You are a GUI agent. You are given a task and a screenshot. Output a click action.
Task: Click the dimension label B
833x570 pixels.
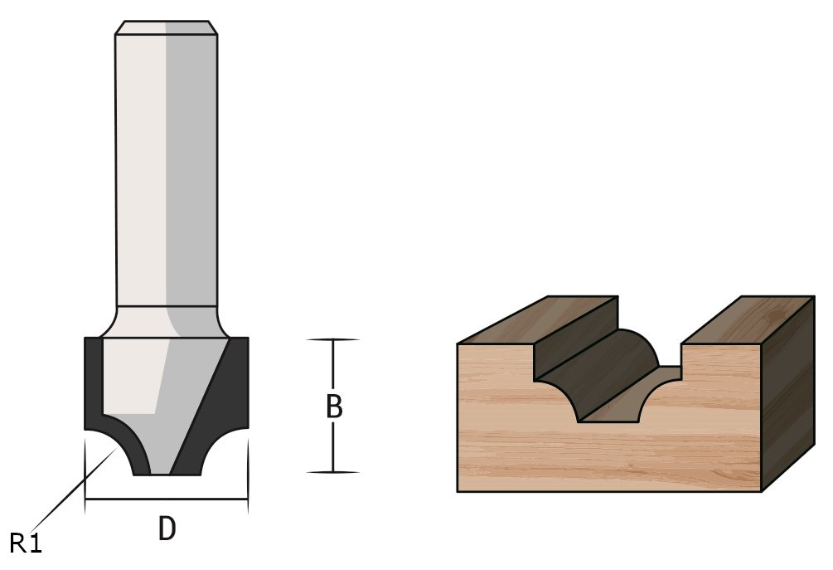[x=333, y=407]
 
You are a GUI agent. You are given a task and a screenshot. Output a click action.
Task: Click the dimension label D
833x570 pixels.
[x=167, y=529]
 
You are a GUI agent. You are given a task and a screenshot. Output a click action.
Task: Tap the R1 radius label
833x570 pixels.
[x=26, y=543]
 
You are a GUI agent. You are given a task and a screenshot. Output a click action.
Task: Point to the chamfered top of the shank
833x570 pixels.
[x=167, y=27]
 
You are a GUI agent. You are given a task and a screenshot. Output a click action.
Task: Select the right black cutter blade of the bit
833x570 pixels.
[x=229, y=390]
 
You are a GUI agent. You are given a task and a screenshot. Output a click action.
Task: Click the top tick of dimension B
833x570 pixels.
[x=332, y=339]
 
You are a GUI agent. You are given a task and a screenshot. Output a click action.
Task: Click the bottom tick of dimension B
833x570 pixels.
[x=332, y=472]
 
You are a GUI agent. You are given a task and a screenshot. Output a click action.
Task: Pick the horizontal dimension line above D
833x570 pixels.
[x=167, y=499]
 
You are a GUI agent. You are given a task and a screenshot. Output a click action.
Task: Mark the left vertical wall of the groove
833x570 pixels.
[x=547, y=365]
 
